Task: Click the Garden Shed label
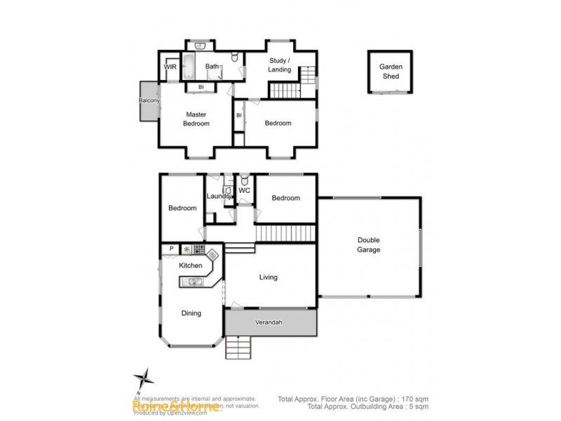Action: (x=391, y=71)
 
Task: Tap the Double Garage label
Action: (x=368, y=245)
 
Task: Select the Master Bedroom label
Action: (x=196, y=119)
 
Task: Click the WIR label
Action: (x=170, y=67)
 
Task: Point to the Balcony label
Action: (x=149, y=101)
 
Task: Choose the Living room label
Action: (x=268, y=277)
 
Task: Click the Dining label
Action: (x=191, y=313)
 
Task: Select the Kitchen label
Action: (x=190, y=265)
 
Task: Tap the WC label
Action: (x=244, y=190)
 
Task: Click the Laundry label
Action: (x=219, y=196)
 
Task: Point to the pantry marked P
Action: (x=170, y=248)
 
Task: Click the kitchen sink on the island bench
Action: (x=193, y=282)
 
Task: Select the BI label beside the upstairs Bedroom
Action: (x=239, y=115)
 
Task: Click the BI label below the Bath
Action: (x=201, y=87)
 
